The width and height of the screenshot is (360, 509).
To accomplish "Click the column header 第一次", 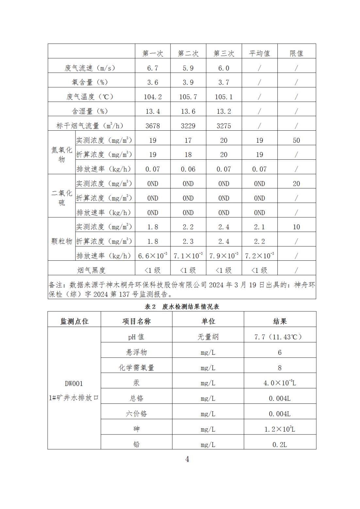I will click(x=153, y=53).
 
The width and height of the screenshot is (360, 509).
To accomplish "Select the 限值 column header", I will click(x=296, y=53).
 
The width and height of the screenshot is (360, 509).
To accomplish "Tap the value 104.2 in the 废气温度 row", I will click(x=153, y=97).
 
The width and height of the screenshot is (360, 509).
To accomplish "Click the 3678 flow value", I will click(x=153, y=126).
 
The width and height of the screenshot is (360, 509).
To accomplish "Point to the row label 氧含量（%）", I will click(x=90, y=82).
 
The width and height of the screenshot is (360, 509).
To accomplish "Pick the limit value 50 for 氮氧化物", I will click(x=296, y=140).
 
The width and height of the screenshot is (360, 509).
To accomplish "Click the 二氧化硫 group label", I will click(x=61, y=198).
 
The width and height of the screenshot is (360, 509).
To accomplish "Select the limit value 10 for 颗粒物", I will click(x=296, y=227).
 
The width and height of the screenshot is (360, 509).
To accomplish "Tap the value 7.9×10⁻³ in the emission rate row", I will click(x=224, y=255).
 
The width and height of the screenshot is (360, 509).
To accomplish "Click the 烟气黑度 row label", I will click(x=91, y=270).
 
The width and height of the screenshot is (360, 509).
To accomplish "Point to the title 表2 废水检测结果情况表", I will click(x=182, y=306).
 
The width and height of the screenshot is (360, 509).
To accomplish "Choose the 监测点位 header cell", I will click(x=74, y=321).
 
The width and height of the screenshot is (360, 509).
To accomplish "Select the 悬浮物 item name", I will click(x=136, y=352).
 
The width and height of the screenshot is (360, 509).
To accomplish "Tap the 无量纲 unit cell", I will click(x=208, y=337).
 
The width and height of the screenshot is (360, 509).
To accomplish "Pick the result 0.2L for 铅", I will click(x=280, y=445).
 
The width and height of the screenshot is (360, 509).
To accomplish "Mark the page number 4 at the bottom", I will click(x=187, y=459).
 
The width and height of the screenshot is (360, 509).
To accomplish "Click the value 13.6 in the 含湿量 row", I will click(x=188, y=111).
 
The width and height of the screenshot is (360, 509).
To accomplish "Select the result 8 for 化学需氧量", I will click(x=280, y=368).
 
